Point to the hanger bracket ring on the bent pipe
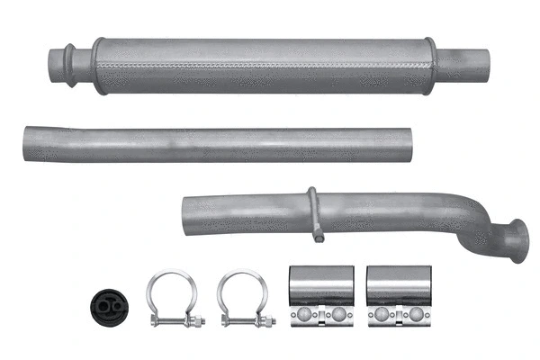[x=312, y=212]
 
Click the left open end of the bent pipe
[x=184, y=211]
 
